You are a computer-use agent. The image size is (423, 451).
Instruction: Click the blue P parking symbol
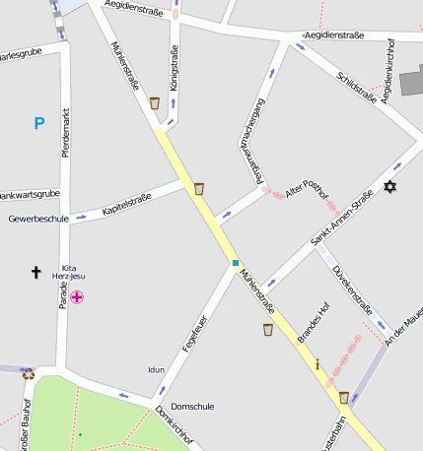[39, 123]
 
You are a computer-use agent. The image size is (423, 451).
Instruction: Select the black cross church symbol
[36, 271]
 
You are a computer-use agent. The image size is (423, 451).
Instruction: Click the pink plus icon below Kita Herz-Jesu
[76, 296]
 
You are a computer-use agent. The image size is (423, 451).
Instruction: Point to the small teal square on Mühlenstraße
[236, 263]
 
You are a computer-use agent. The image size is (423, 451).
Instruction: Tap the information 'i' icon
[317, 364]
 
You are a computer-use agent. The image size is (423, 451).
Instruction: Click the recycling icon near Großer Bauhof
[28, 373]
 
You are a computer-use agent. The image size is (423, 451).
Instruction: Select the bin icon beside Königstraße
[155, 102]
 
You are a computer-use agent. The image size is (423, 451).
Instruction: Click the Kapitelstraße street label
[126, 203]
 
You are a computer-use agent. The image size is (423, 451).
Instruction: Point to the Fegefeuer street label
[193, 334]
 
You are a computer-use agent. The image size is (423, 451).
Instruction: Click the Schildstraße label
[356, 91]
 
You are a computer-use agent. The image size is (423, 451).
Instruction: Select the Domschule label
[191, 406]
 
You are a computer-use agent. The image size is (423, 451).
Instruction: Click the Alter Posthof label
[305, 187]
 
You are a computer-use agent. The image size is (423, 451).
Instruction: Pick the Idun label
[156, 370]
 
